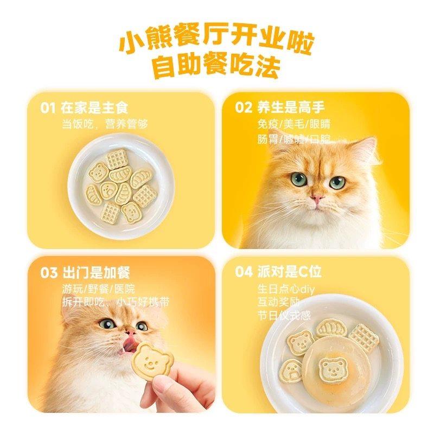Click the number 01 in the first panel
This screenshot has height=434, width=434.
pos(48,107)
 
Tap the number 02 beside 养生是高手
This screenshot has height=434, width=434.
pos(244,107)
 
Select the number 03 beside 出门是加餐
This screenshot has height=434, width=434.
pos(48,272)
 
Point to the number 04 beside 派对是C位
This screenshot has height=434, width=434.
pos(244,272)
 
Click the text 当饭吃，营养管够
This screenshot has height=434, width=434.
pos(105,124)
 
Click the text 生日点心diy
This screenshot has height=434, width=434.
pos(286,289)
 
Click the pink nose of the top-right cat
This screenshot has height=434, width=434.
pos(317,197)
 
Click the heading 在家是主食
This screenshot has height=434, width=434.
pos(95,107)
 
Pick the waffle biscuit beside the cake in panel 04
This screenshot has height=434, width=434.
pos(363,337)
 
